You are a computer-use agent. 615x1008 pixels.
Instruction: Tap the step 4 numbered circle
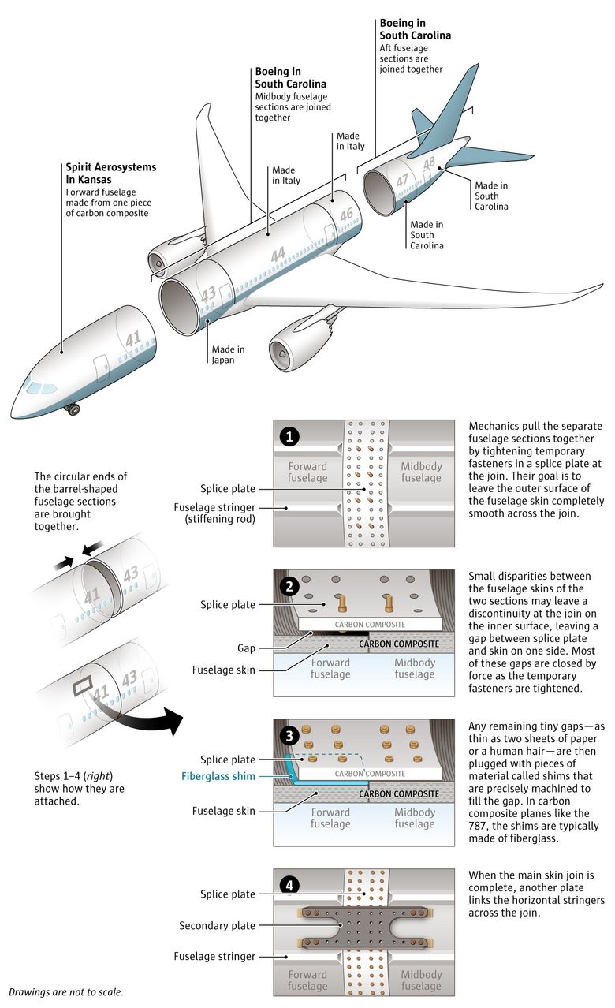click(x=291, y=885)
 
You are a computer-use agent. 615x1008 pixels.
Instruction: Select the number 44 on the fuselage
click(x=278, y=255)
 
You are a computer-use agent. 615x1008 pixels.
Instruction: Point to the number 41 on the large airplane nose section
click(x=133, y=338)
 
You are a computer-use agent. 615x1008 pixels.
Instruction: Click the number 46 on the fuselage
click(x=347, y=215)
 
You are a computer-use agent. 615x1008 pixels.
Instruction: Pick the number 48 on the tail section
click(x=429, y=164)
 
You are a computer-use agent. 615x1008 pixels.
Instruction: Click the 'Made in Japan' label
click(x=228, y=355)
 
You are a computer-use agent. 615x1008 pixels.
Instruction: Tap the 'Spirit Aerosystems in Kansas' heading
click(x=111, y=174)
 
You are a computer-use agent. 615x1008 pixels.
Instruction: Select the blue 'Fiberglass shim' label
click(x=218, y=777)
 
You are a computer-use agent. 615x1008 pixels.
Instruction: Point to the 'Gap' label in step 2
click(x=246, y=648)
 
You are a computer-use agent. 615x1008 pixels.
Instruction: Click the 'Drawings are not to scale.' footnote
click(x=66, y=991)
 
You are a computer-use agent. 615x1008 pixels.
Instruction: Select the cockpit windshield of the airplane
click(x=36, y=386)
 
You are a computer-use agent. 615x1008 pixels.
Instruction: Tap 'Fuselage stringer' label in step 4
click(x=214, y=957)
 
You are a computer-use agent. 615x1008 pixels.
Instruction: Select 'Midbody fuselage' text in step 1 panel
click(x=421, y=472)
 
